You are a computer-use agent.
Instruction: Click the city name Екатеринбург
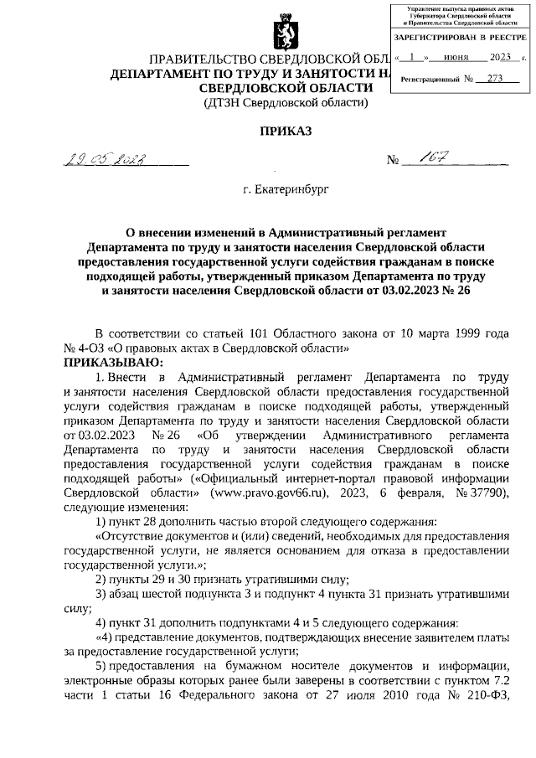point(284,191)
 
